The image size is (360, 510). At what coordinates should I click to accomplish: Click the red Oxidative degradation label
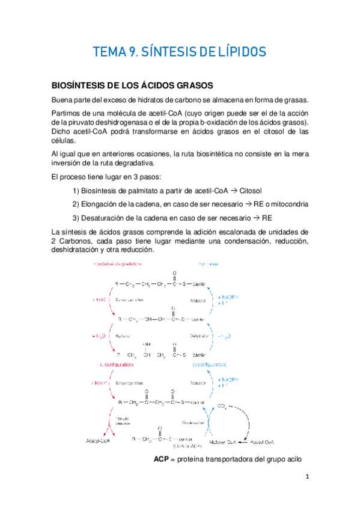point(118,264)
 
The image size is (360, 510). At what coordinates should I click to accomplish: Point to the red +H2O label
point(99,336)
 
